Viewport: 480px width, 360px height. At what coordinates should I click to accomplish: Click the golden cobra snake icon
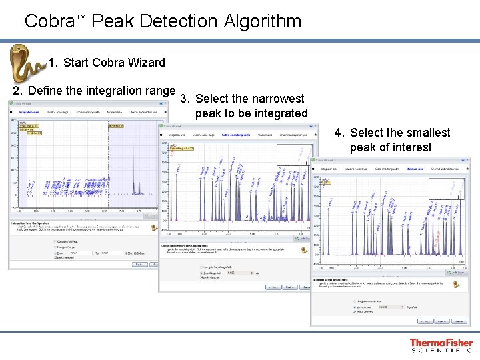[x=25, y=64]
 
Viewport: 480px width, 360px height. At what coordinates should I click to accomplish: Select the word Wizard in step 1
[x=144, y=63]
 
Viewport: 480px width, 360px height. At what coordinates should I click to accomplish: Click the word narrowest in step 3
[x=269, y=99]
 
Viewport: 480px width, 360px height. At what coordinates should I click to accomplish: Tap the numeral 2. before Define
[x=19, y=91]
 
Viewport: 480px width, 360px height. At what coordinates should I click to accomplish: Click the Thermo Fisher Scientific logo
[x=441, y=345]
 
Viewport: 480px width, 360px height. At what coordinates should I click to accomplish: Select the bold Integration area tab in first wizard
[x=29, y=111]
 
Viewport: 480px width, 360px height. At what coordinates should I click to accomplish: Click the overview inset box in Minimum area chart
[x=446, y=189]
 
